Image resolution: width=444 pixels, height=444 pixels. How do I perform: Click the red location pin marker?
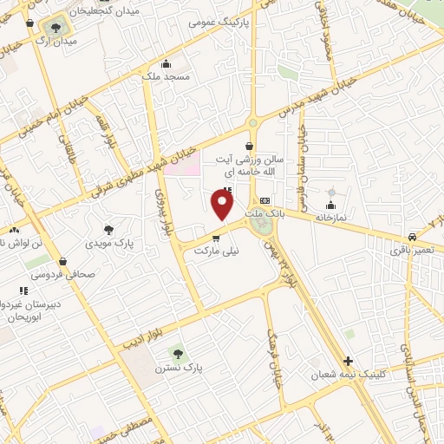(x=223, y=206)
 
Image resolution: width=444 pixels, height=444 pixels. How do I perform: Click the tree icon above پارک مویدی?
(x=108, y=230)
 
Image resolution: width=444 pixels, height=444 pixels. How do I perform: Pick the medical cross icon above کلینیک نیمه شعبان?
(x=348, y=360)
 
